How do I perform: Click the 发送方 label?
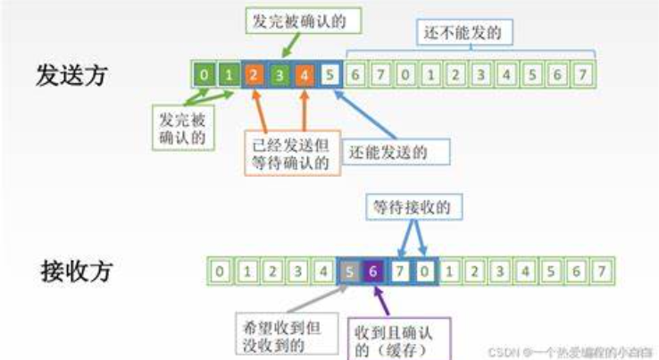(x=71, y=75)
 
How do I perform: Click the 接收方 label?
(x=77, y=270)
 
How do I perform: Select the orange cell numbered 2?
(x=254, y=75)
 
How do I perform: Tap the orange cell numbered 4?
(x=304, y=75)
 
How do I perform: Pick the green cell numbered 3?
(x=279, y=75)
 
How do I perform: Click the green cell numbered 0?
(x=204, y=75)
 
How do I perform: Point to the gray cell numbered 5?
(x=349, y=269)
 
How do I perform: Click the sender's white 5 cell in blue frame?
(x=330, y=75)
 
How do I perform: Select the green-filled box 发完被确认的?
(x=294, y=20)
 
